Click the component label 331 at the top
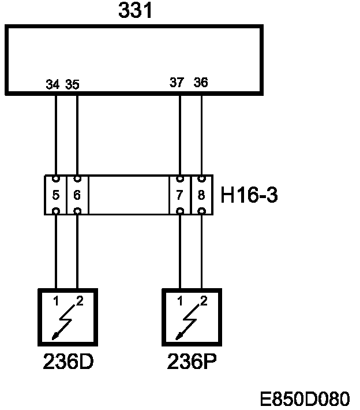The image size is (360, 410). (x=136, y=10)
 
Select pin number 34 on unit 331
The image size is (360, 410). (x=52, y=84)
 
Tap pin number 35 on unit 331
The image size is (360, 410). (x=72, y=84)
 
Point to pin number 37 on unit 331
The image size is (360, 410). (x=177, y=83)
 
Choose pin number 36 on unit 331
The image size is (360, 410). (x=201, y=83)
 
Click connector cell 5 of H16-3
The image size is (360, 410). (x=56, y=195)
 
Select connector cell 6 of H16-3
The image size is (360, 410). (x=77, y=195)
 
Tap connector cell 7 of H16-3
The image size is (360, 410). (x=180, y=195)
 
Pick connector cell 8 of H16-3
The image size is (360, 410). (x=201, y=195)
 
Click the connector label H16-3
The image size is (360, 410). (x=249, y=195)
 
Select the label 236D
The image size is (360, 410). (x=68, y=362)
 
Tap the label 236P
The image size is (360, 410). (x=192, y=362)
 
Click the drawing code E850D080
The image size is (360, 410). (x=305, y=398)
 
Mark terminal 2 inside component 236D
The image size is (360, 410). (x=79, y=300)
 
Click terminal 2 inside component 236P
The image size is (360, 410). (x=203, y=300)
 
